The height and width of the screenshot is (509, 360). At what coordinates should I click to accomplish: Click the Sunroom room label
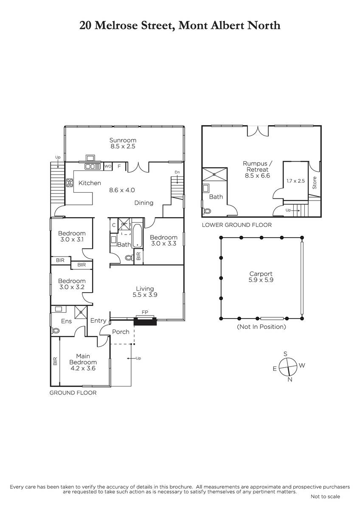(x=123, y=140)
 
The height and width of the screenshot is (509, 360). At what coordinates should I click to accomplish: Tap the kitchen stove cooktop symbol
(x=70, y=183)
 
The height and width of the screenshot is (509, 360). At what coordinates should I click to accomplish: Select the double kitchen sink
(x=93, y=167)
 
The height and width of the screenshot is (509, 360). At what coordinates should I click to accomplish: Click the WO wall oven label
(x=108, y=166)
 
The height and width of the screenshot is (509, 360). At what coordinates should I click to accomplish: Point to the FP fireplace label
(x=145, y=312)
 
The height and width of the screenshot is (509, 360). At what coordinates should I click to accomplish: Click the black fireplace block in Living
(x=145, y=322)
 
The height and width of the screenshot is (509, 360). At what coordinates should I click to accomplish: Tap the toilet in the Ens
(x=55, y=330)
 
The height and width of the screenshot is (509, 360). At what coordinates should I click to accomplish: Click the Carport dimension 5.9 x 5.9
(x=261, y=280)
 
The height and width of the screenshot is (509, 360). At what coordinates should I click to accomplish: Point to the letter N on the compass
(x=290, y=379)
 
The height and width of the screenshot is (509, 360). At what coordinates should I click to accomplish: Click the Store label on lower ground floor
(x=315, y=183)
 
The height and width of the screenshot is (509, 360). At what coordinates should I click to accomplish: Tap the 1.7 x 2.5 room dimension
(x=295, y=181)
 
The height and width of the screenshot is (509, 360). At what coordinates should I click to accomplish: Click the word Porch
(x=121, y=332)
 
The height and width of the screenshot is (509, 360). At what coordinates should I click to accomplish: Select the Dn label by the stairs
(x=177, y=172)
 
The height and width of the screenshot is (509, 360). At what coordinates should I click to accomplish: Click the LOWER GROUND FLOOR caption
(x=237, y=225)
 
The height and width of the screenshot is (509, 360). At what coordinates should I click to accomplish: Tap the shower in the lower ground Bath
(x=215, y=174)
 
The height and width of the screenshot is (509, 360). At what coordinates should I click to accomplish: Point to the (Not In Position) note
(x=262, y=327)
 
